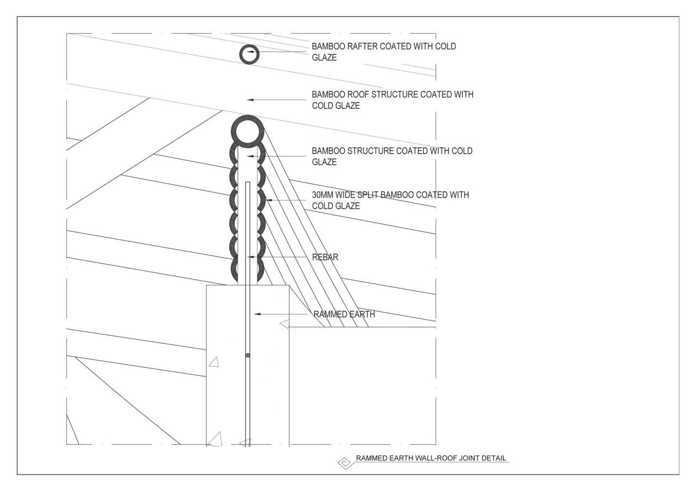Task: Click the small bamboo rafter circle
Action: (x=250, y=54)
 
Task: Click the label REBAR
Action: (x=326, y=257)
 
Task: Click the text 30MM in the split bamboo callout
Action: (x=321, y=194)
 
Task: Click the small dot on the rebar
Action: (x=247, y=355)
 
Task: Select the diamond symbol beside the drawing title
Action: (x=344, y=463)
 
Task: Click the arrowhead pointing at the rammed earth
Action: (x=258, y=314)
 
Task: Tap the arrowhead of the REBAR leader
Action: (x=251, y=256)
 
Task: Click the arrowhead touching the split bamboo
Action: (x=268, y=200)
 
